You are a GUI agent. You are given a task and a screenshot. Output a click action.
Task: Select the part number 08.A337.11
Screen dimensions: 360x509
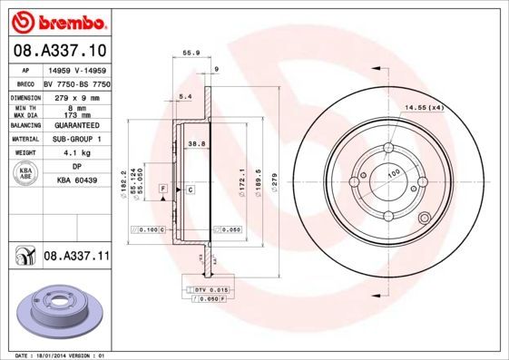76,257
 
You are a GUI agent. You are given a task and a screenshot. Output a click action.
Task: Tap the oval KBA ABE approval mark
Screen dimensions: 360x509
25,175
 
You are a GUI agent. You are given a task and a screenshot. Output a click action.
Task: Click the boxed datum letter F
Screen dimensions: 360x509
162,188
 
